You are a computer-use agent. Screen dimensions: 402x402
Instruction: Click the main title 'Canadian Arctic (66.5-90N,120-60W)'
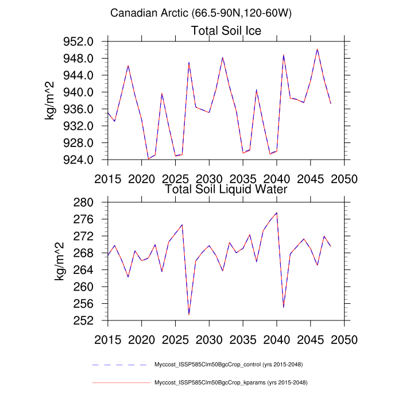(201, 13)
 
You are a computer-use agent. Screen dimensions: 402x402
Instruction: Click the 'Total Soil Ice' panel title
(226, 31)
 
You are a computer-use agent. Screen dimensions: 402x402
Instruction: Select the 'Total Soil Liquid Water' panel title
(226, 188)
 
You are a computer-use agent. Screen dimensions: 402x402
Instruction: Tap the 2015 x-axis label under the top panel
(108, 177)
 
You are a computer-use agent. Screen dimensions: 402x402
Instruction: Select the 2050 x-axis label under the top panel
(345, 177)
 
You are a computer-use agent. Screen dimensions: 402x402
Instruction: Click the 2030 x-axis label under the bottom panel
(209, 338)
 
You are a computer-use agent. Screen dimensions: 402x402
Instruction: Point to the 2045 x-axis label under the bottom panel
(311, 338)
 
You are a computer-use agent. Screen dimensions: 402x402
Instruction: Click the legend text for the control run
(229, 365)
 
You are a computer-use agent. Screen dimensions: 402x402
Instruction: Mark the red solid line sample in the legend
(120, 382)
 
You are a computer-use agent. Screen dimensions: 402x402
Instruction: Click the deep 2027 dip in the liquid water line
(189, 314)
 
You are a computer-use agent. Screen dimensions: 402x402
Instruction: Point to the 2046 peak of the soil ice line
(317, 49)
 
